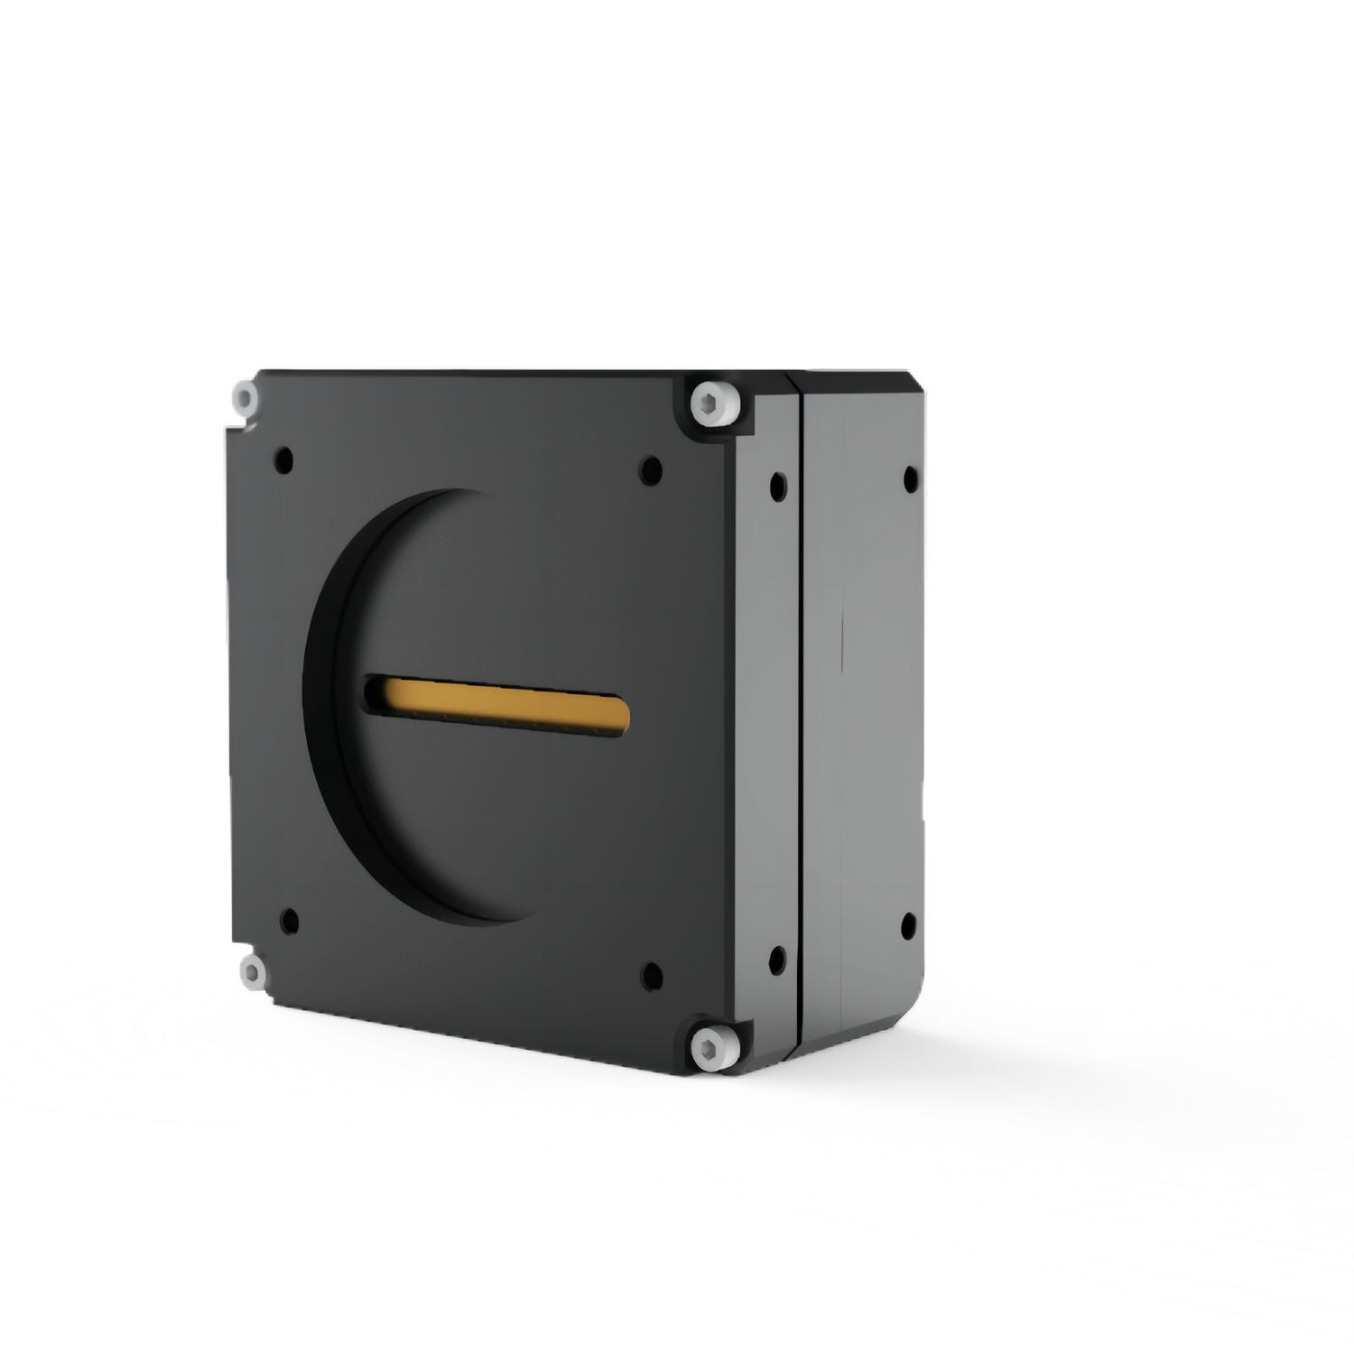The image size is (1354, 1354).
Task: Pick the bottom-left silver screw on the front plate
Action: (x=251, y=970)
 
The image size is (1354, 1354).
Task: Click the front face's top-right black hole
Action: (x=651, y=468)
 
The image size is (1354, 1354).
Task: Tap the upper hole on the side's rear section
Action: (x=910, y=476)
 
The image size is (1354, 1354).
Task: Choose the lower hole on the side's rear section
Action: (x=908, y=923)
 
